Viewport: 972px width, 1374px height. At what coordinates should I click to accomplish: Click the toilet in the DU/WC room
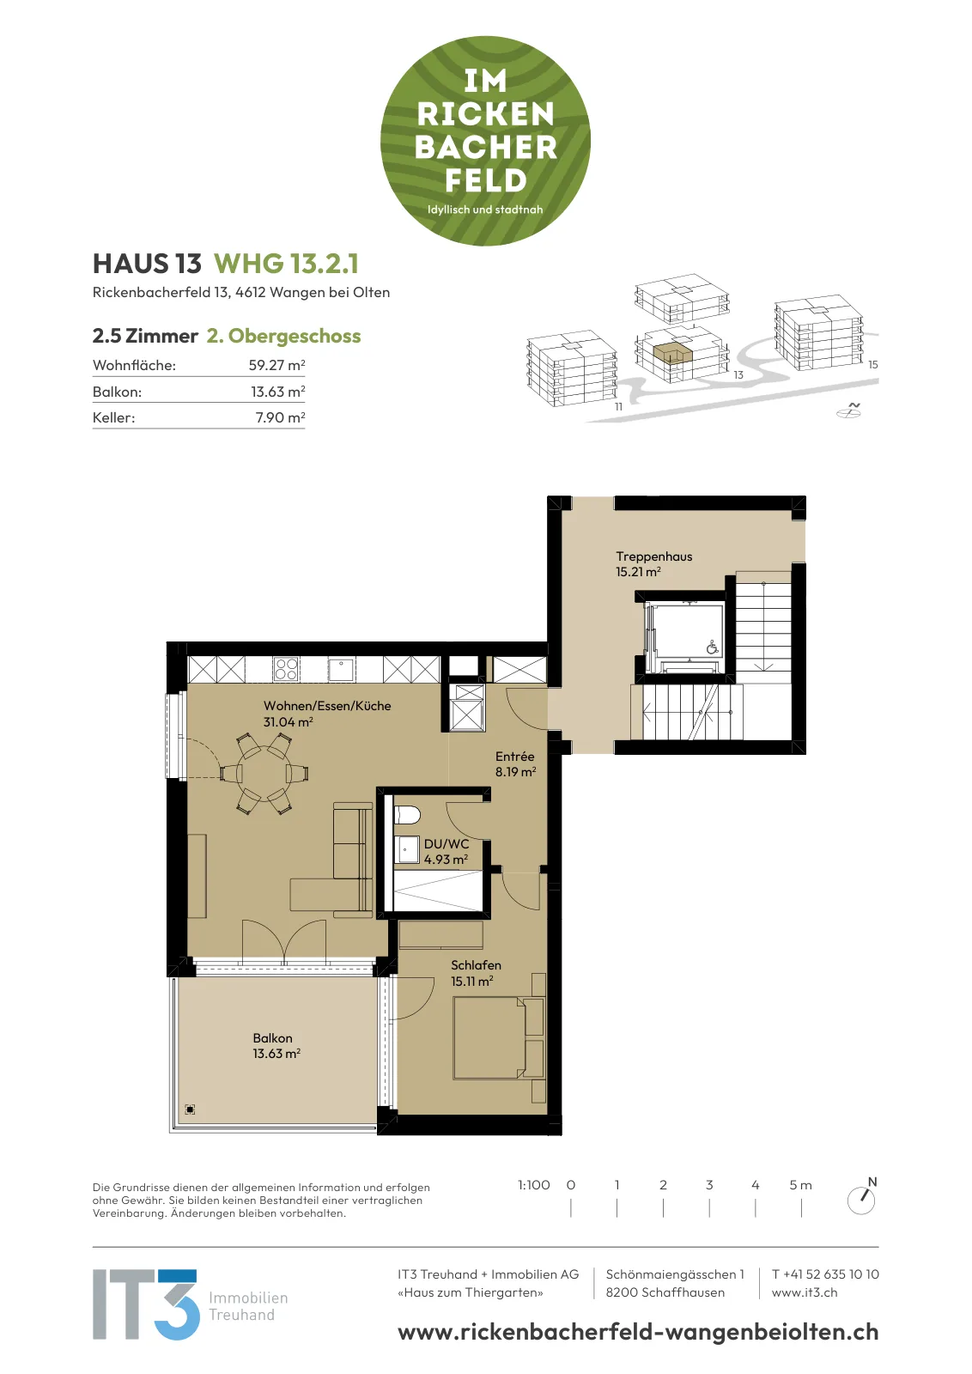coord(407,815)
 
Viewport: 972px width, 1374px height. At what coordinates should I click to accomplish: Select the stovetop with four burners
coord(287,669)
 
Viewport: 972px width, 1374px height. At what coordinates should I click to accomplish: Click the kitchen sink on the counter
coord(341,669)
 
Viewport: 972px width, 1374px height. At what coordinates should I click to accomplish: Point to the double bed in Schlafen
coord(490,1038)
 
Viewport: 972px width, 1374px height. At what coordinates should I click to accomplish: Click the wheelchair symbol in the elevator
coord(712,647)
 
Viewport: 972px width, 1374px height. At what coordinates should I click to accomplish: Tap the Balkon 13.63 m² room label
coord(276,1045)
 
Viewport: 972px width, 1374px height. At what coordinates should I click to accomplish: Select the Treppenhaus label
coord(653,556)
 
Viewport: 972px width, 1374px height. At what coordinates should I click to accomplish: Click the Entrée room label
coord(515,757)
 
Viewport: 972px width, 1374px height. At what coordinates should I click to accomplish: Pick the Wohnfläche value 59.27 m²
coord(276,365)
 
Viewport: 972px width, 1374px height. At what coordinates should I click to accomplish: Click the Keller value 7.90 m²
coord(280,417)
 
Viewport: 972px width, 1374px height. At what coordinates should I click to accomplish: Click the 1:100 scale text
coord(533,1185)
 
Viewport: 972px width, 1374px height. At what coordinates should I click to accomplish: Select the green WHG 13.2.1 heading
coord(286,264)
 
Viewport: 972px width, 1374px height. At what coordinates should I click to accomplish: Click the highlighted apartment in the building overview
coord(671,355)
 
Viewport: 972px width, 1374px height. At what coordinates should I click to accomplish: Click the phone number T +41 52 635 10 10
coord(825,1274)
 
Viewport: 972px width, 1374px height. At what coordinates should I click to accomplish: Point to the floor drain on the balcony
coord(190,1109)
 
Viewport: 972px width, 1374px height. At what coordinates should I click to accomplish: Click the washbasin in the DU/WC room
coord(406,849)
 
